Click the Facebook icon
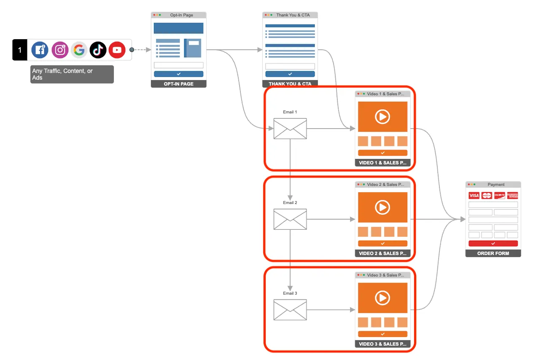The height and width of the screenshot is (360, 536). click(x=40, y=50)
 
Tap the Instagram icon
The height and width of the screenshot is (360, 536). click(x=60, y=50)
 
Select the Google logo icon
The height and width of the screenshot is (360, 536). click(x=79, y=50)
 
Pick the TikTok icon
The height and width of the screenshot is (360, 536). click(x=98, y=50)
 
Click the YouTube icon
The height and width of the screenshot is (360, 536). click(x=117, y=50)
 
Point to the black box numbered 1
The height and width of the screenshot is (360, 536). click(x=19, y=50)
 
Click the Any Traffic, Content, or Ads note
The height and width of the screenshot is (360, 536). click(x=72, y=74)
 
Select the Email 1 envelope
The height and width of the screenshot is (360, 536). click(x=290, y=129)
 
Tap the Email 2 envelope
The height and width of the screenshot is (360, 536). click(x=290, y=219)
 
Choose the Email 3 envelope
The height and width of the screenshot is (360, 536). click(x=290, y=310)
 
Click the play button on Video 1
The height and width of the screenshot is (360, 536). click(x=382, y=117)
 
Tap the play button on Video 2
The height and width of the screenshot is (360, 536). click(x=382, y=207)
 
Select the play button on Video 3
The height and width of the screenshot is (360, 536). click(x=382, y=298)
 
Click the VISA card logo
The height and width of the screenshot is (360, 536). click(x=474, y=196)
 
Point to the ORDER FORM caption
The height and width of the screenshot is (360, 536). click(x=493, y=253)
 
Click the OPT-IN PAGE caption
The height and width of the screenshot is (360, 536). click(x=178, y=84)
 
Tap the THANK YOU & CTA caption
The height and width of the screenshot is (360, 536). click(x=290, y=84)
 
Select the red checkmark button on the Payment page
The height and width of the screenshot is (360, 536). click(x=493, y=244)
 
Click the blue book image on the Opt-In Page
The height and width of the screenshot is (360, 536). click(x=193, y=48)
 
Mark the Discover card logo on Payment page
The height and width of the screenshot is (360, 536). click(x=499, y=196)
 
